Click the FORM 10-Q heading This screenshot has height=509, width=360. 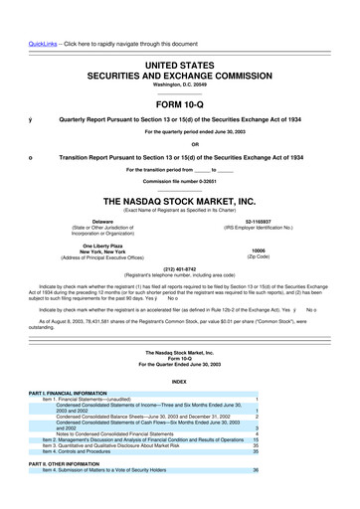179,101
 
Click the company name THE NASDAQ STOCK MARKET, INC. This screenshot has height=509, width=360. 179,197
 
